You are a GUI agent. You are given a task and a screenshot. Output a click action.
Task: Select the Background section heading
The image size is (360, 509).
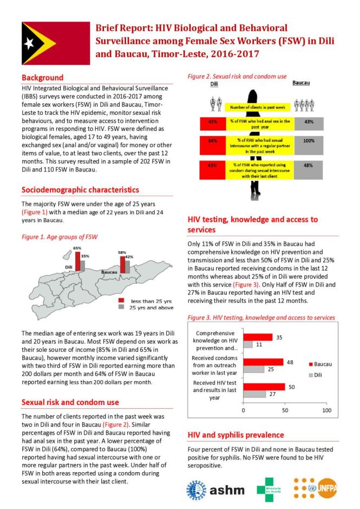[x=42, y=77]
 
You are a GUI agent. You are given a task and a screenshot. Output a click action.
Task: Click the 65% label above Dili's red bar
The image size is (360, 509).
[x=77, y=247]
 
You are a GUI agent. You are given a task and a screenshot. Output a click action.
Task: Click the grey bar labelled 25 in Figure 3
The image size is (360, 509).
[x=253, y=369]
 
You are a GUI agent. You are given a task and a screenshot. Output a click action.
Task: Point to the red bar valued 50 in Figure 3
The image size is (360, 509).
[x=264, y=387]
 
